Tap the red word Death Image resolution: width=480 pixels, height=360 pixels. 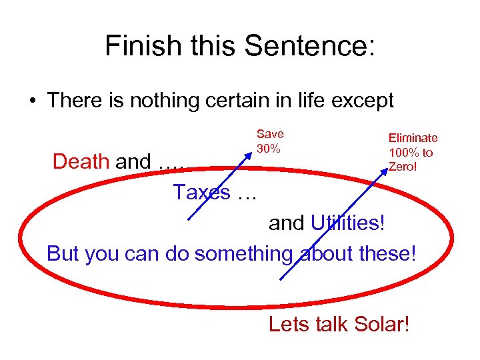pyautogui.click(x=81, y=161)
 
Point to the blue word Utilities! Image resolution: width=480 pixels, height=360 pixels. pyautogui.click(x=348, y=223)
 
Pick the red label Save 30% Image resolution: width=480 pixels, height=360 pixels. pyautogui.click(x=269, y=141)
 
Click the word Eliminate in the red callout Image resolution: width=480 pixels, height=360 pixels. pyautogui.click(x=413, y=138)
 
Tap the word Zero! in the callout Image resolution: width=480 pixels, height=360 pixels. pyautogui.click(x=403, y=166)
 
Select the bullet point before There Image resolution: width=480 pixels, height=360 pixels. pyautogui.click(x=32, y=101)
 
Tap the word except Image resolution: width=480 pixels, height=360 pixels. pyautogui.click(x=359, y=101)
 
